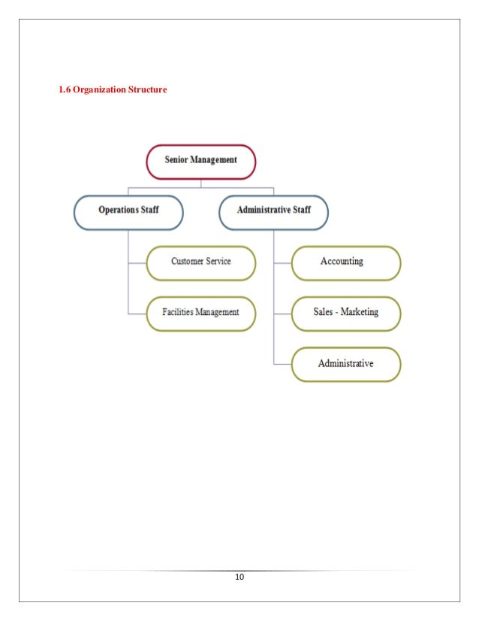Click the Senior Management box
coord(200,160)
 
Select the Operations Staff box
coord(128,211)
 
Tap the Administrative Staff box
coord(274,211)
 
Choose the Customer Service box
coord(200,262)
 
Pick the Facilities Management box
coord(200,311)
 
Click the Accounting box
coord(346,262)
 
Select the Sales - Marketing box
coord(346,311)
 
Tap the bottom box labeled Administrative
coord(346,364)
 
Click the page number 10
coord(239,577)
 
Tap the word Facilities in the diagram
coord(179,311)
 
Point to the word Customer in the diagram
coord(187,262)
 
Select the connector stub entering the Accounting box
coord(282,263)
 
